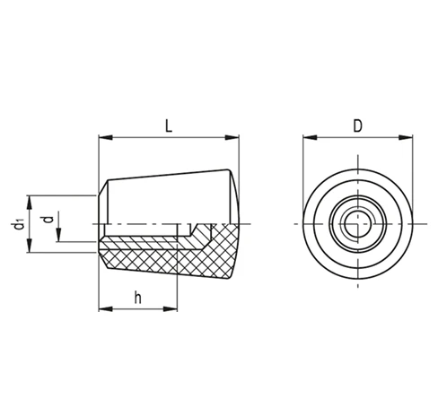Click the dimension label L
[x=169, y=126]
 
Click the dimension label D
[x=358, y=126]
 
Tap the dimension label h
[x=138, y=298]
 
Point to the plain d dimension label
[x=48, y=220]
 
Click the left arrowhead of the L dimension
[x=106, y=137]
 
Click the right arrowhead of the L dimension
[x=232, y=137]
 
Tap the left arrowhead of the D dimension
[x=310, y=137]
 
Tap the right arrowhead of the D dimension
[x=406, y=137]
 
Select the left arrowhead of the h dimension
[x=106, y=308]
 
